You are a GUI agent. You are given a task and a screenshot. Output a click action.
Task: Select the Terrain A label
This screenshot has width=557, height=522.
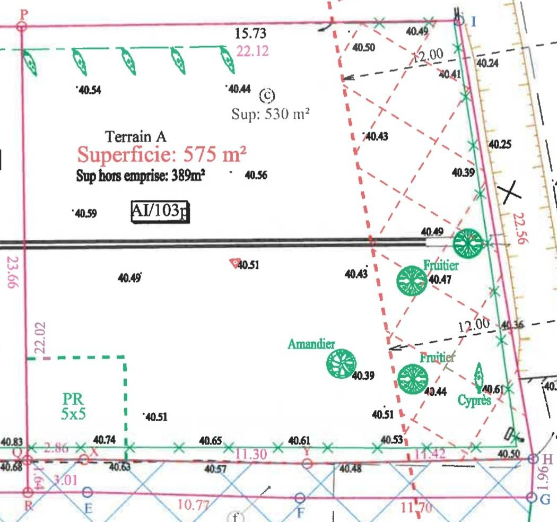point(136,136)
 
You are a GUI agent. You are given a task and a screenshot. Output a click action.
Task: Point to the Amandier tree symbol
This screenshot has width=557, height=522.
point(341,364)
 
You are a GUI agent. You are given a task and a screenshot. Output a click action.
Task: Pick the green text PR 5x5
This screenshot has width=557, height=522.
point(73,406)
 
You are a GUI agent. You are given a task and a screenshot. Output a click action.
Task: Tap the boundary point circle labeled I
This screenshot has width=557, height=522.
point(459,21)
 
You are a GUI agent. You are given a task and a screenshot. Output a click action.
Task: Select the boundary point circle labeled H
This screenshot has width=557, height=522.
point(534,459)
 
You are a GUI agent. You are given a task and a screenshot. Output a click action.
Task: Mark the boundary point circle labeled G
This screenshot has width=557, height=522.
point(531,497)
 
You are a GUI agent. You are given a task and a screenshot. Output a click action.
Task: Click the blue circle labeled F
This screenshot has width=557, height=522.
point(300,498)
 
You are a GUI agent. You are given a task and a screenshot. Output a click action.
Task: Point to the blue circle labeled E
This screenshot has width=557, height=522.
point(88,494)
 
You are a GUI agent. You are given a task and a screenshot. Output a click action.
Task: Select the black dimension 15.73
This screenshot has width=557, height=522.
point(250,34)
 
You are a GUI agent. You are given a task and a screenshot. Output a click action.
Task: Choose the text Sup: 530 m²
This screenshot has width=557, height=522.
point(271,114)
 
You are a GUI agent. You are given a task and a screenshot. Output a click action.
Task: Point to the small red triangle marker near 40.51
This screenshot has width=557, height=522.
point(233,263)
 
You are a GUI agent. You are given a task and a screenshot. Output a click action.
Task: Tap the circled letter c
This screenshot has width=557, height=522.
point(267,95)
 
